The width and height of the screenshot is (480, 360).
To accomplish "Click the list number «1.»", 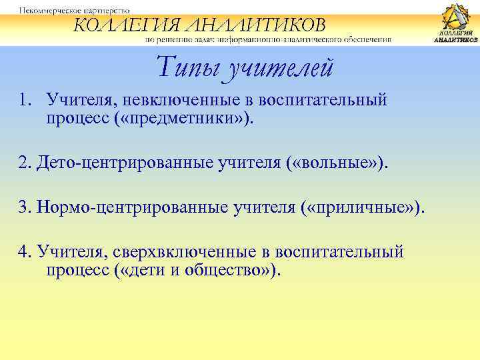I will pos(25,101).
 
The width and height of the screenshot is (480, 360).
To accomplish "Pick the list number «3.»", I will pos(26,209).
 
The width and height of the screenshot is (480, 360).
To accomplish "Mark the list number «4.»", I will pos(26,253).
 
